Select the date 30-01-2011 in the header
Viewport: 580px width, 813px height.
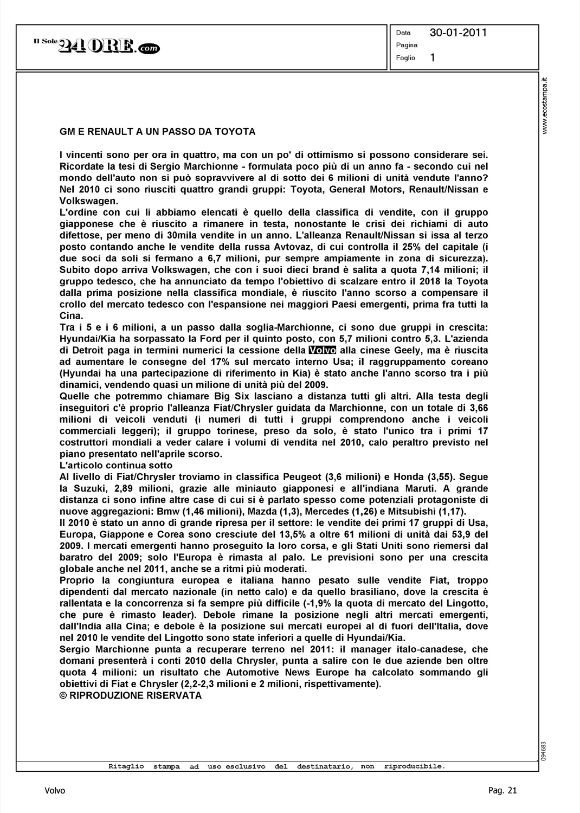click(x=458, y=33)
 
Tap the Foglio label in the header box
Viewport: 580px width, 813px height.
click(x=405, y=58)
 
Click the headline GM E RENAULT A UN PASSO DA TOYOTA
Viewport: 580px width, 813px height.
click(x=157, y=132)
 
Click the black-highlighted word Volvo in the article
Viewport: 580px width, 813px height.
click(x=322, y=350)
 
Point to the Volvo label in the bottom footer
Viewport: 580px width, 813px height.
click(x=55, y=791)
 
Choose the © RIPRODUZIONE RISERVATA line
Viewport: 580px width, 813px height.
click(x=130, y=695)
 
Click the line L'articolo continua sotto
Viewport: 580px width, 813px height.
click(x=116, y=466)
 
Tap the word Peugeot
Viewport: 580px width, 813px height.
click(x=303, y=477)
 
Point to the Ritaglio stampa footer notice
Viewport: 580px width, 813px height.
click(x=276, y=766)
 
